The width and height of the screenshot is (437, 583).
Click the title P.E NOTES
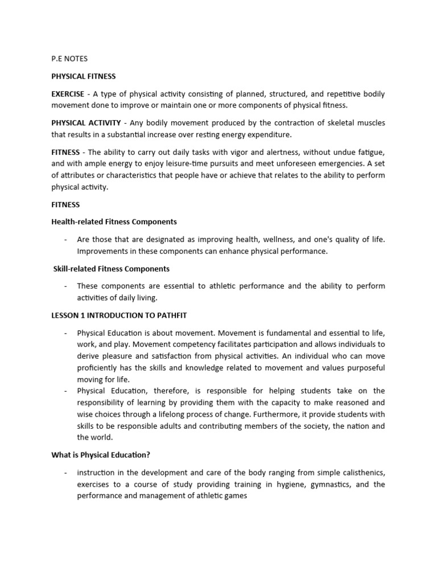[x=70, y=59]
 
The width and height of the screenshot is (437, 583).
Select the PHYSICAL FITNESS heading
[x=83, y=76]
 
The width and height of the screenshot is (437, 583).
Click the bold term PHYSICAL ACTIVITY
[x=86, y=123]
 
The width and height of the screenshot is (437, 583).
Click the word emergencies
[x=342, y=163]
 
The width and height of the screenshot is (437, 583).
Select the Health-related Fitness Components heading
[x=114, y=221]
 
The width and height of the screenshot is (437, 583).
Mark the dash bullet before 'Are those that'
[x=66, y=239]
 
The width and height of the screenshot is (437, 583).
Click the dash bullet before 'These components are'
[x=66, y=286]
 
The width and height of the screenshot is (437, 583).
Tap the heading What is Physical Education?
[x=100, y=455]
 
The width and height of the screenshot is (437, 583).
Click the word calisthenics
[x=361, y=473]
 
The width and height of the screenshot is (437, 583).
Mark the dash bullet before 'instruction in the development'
[x=66, y=473]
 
